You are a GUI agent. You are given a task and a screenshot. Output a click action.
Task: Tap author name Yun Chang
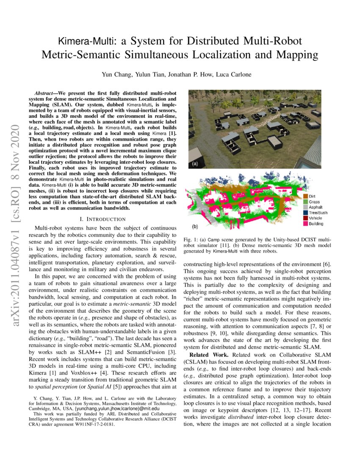pos(114,75)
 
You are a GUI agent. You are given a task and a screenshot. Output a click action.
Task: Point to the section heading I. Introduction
pos(102,219)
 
